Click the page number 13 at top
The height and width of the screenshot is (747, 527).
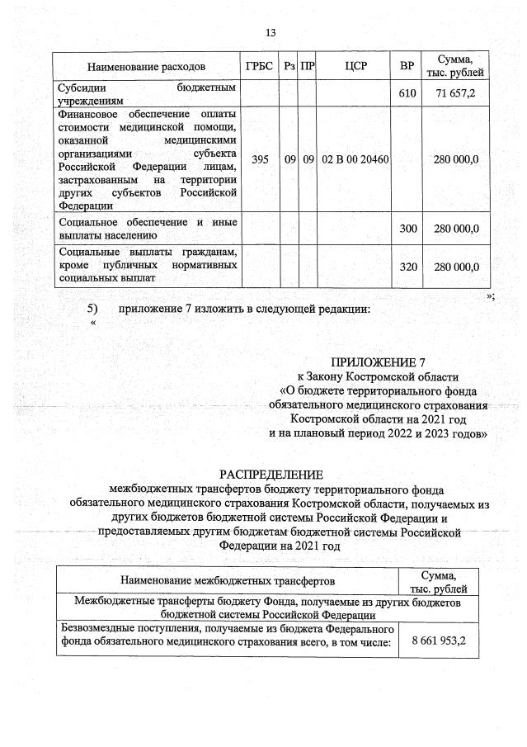pyautogui.click(x=270, y=32)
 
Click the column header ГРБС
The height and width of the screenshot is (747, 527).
pyautogui.click(x=258, y=66)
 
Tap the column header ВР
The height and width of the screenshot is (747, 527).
pyautogui.click(x=407, y=66)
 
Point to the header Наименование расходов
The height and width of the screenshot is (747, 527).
pyautogui.click(x=147, y=66)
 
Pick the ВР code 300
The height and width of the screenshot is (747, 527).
pyautogui.click(x=407, y=229)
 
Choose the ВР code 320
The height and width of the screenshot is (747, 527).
pyautogui.click(x=407, y=266)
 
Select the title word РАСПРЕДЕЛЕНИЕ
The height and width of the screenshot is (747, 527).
pyautogui.click(x=271, y=474)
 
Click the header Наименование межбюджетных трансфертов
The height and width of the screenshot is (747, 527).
pyautogui.click(x=227, y=582)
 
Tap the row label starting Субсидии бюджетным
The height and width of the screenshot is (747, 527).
pyautogui.click(x=147, y=93)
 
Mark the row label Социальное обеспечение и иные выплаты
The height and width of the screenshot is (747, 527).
pyautogui.click(x=147, y=228)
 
